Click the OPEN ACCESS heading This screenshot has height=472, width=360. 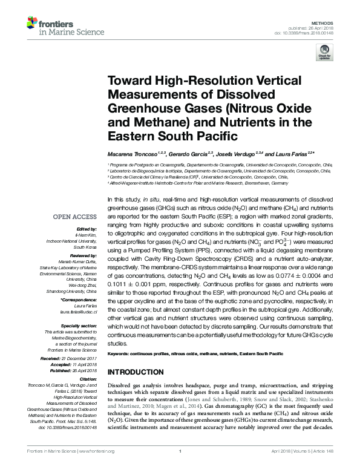(75, 216)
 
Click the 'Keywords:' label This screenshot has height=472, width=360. (119, 353)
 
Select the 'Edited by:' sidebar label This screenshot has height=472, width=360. (88, 230)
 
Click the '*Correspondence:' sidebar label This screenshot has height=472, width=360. (79, 300)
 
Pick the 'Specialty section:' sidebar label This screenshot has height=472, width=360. (79, 326)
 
